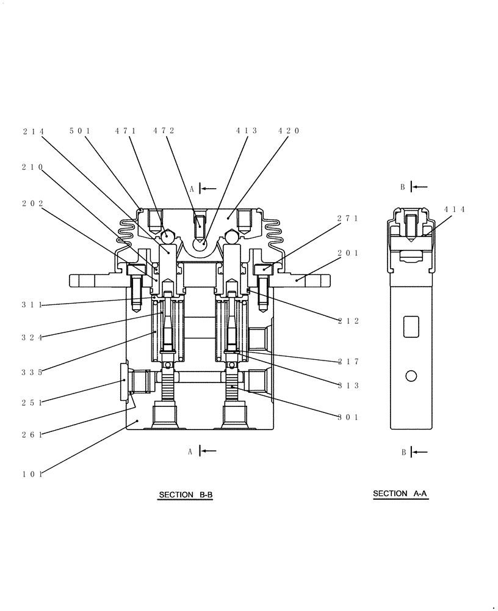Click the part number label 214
pos(34,131)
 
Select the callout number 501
pos(79,131)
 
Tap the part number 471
pos(125,131)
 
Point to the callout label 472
pos(164,131)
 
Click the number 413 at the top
pos(247,131)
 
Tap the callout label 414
pos(455,210)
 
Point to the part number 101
pos(31,474)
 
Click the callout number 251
pos(31,403)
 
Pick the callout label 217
pos(348,362)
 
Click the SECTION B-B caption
pos(186,495)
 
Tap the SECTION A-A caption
pos(400,494)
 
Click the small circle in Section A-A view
pos(411,376)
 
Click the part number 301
pos(348,418)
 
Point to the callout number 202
pos(31,203)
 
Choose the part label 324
pos(31,337)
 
